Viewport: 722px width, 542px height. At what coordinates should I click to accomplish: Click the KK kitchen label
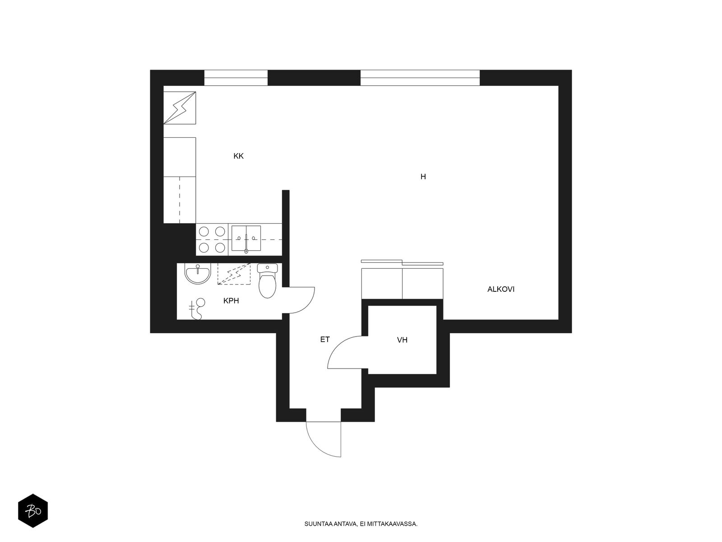click(x=238, y=156)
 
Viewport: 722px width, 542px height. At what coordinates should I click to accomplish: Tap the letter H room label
click(x=423, y=177)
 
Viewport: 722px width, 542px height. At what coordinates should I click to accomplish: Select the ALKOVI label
click(x=500, y=289)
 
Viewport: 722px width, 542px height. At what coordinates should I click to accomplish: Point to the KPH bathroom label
click(x=231, y=300)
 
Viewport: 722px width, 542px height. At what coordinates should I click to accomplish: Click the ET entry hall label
click(x=324, y=339)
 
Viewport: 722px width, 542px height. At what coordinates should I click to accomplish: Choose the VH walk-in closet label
click(x=402, y=340)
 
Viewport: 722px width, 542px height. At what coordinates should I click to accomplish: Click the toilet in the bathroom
click(x=268, y=280)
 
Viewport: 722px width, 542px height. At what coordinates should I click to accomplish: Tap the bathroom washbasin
click(x=197, y=273)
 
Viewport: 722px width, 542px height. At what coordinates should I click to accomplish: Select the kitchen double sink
click(x=246, y=238)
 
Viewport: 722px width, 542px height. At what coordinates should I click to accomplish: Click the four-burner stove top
click(x=212, y=239)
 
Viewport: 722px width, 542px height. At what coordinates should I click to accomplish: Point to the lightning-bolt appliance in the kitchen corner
click(x=180, y=108)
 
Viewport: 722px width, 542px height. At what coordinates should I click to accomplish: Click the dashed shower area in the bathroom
click(x=234, y=274)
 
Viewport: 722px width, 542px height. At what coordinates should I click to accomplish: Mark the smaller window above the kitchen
click(x=236, y=78)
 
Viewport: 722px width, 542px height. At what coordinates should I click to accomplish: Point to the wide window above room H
click(x=420, y=78)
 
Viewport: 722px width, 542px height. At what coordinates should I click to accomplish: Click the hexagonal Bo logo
click(x=33, y=511)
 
